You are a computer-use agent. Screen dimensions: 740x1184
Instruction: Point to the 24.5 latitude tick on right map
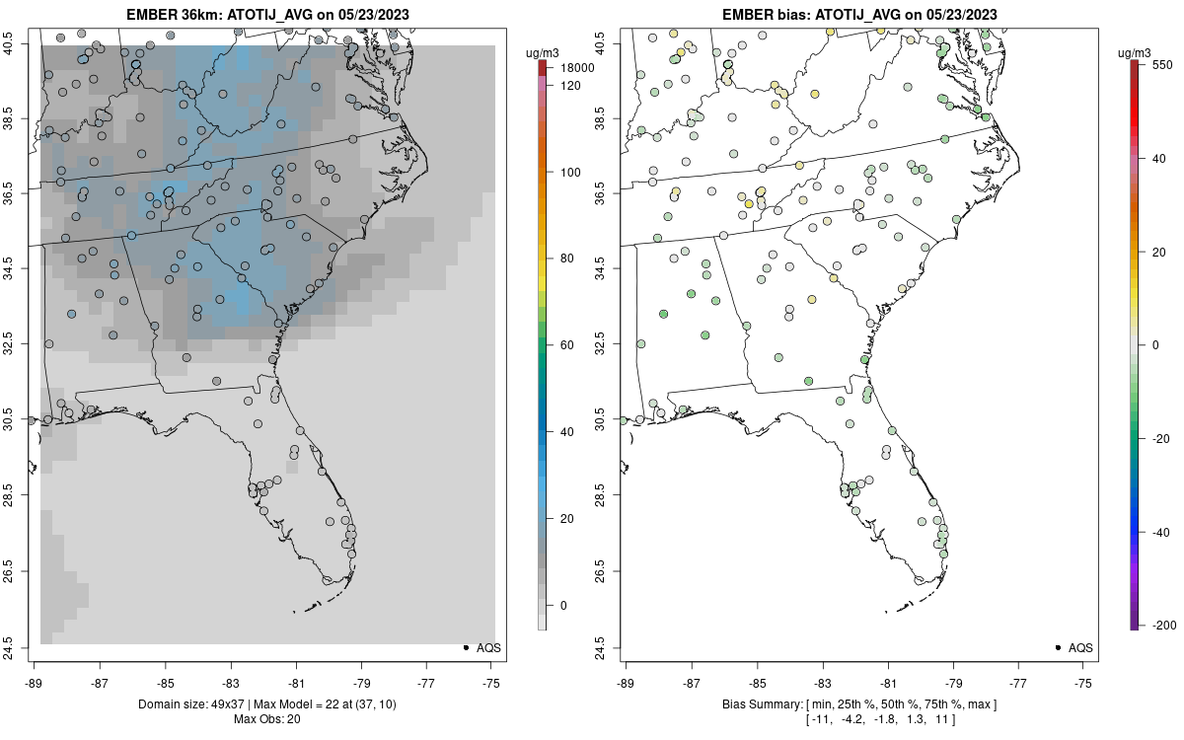point(612,647)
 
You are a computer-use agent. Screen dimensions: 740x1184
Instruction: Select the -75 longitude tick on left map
point(490,682)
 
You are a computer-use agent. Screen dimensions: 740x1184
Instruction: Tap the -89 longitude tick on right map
point(626,682)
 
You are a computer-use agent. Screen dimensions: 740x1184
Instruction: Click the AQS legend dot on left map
point(465,648)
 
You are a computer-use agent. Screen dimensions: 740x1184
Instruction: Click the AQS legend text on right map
point(1080,648)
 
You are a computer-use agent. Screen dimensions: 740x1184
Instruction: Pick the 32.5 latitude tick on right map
point(612,344)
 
